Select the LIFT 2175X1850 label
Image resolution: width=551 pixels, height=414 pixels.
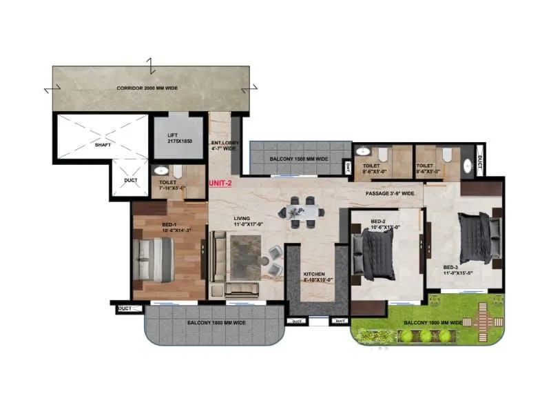177,136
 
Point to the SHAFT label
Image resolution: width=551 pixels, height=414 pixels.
102,145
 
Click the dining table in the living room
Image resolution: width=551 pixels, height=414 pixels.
301,211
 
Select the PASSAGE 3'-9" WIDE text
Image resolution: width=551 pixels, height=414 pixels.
390,193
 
